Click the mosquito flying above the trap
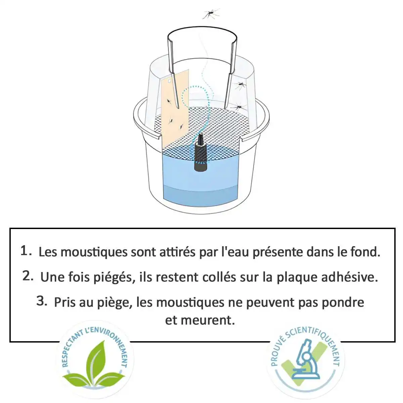[211, 14]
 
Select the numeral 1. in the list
[26, 251]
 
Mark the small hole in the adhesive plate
[169, 80]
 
